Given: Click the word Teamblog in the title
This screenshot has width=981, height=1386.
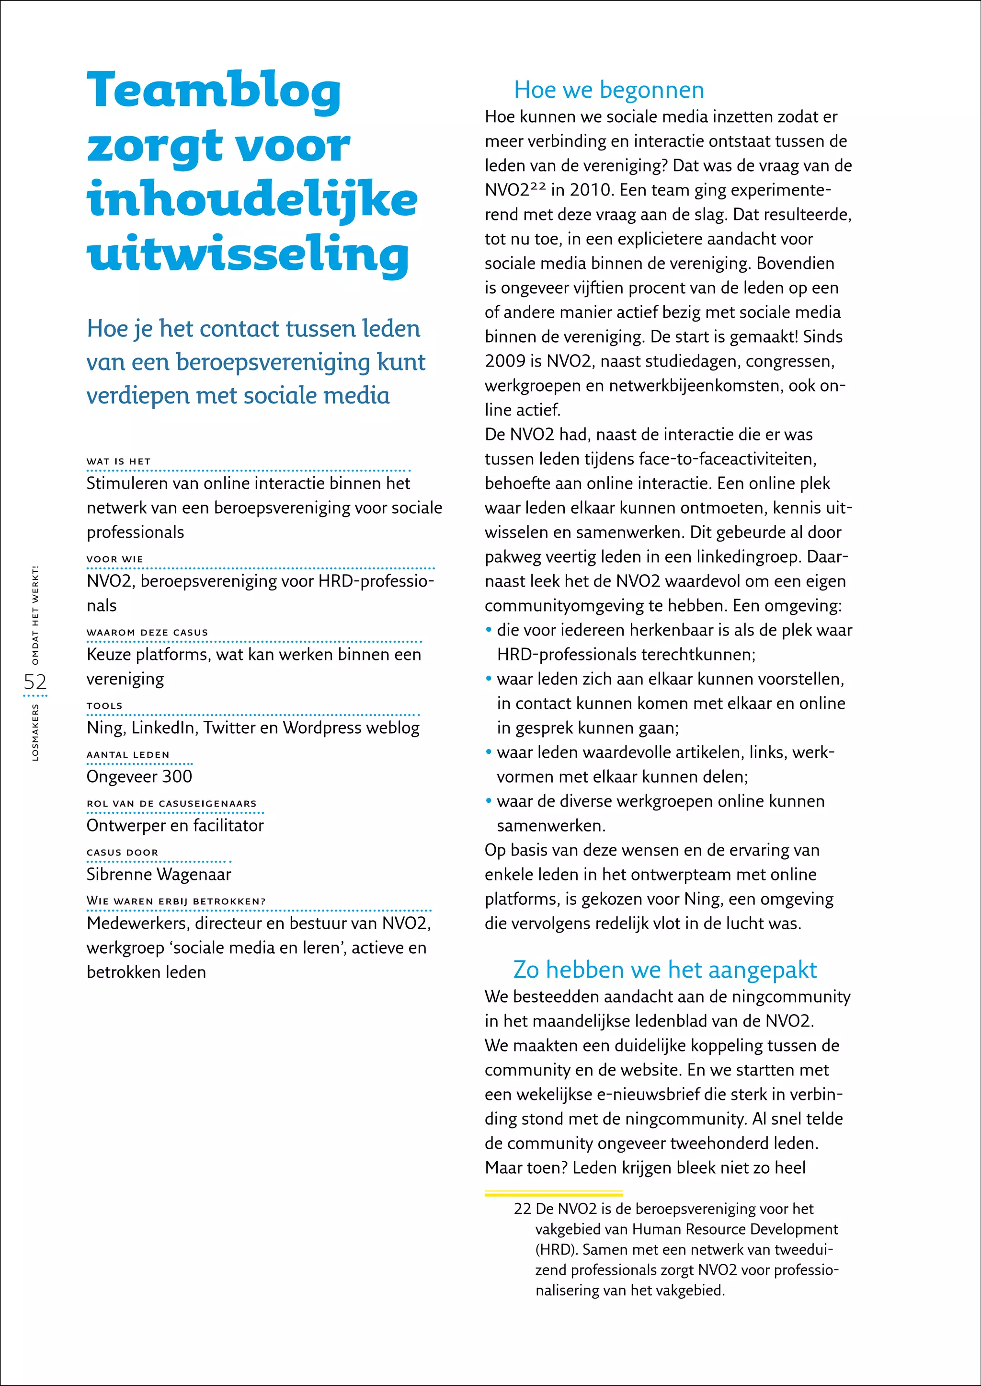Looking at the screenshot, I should point(215,91).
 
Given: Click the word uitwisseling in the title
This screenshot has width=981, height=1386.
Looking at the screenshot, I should point(248,254).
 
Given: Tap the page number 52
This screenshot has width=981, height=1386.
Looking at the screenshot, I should point(35,682).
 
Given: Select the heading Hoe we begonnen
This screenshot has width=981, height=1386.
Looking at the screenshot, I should point(608,90).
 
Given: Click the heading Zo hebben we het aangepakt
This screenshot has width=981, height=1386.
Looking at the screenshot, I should point(664,970).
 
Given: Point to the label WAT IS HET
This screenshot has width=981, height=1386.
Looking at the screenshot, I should point(118,461).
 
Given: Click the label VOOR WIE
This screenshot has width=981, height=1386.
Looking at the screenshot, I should point(115,559).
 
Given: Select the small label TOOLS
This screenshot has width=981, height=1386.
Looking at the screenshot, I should point(104,705).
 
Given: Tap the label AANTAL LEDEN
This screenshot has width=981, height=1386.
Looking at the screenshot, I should point(128,754).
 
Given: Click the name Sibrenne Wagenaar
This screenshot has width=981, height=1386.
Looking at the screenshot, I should point(159,874).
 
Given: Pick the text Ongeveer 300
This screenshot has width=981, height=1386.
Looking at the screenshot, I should point(139,776).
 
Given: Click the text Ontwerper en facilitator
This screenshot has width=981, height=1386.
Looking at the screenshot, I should point(175,825).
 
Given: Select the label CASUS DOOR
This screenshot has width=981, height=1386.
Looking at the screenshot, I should point(123,852).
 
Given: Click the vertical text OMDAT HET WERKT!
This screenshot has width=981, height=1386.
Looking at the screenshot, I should point(35,615).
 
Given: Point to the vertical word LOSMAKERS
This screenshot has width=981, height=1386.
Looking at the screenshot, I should point(35,731).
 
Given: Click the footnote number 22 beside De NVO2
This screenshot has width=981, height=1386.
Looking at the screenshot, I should point(522,1209).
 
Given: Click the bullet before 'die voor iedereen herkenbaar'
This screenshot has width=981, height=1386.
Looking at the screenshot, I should point(489,630).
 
